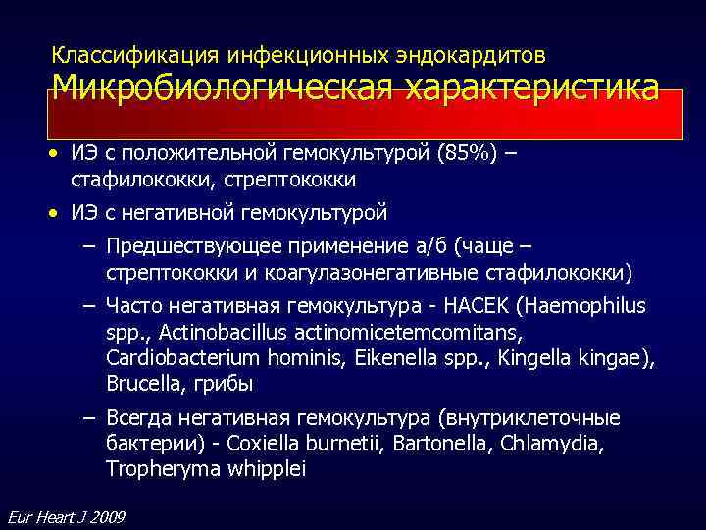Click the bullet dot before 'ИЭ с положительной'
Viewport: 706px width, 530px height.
tap(58, 155)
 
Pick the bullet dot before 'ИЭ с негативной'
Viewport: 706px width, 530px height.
tap(58, 212)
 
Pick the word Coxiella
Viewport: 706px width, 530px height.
tap(260, 444)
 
